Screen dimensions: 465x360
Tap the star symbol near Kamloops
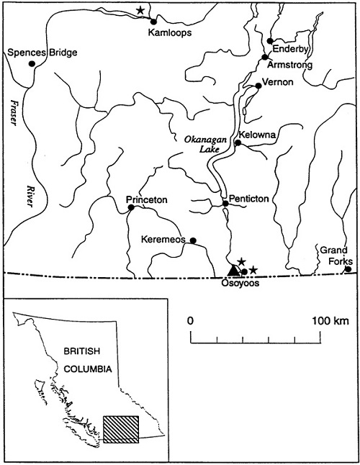[x=141, y=10]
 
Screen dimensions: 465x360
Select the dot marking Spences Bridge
[x=32, y=63]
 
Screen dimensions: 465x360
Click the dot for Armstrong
[x=265, y=57]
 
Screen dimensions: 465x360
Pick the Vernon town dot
[x=257, y=86]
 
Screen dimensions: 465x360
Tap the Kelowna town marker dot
[x=238, y=143]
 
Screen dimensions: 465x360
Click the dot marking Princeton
[x=131, y=208]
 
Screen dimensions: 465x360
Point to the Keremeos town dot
[x=193, y=240]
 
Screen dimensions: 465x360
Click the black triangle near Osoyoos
[x=233, y=270]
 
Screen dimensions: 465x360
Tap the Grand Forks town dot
[x=348, y=269]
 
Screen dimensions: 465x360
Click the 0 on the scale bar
[x=190, y=319]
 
